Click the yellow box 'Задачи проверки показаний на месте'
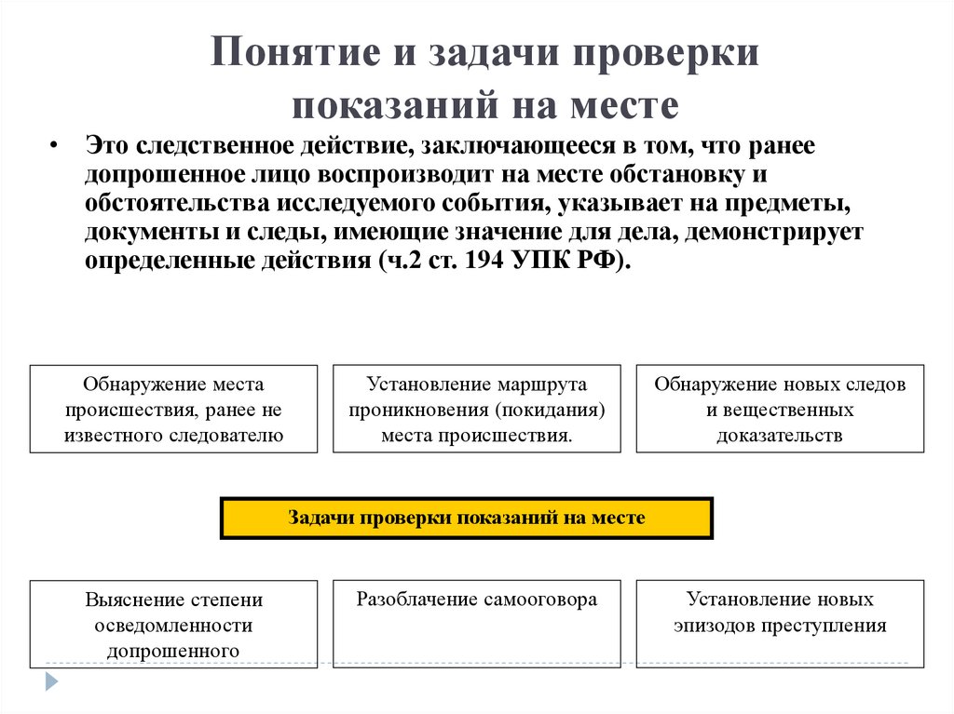coord(466,518)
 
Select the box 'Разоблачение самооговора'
coord(476,623)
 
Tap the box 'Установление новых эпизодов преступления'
coord(780,623)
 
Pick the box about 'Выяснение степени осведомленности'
coord(173,623)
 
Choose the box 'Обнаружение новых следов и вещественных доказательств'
coord(780,409)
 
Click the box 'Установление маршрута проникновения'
coord(476,409)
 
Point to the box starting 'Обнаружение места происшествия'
coord(173,409)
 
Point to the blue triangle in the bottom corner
coord(51,680)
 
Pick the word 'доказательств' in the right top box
coord(780,435)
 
